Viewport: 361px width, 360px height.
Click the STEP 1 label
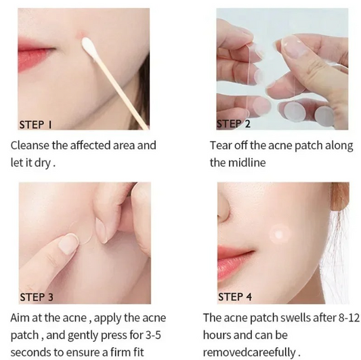coord(35,125)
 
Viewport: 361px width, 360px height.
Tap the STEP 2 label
coord(233,124)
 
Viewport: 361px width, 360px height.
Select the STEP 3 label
coord(37,297)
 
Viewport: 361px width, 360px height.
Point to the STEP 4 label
coord(235,297)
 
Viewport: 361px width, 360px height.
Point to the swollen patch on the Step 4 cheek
coord(280,235)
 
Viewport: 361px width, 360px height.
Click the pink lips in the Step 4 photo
coord(235,262)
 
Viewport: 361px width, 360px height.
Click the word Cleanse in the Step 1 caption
coord(30,146)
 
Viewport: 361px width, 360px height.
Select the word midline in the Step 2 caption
coord(247,163)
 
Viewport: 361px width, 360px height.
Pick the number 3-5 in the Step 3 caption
coord(153,335)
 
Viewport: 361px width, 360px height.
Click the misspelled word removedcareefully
coord(249,353)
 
